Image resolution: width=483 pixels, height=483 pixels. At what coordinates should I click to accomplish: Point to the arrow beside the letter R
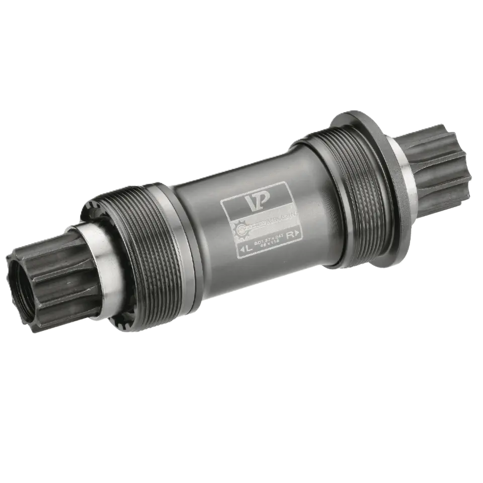coord(297,232)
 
